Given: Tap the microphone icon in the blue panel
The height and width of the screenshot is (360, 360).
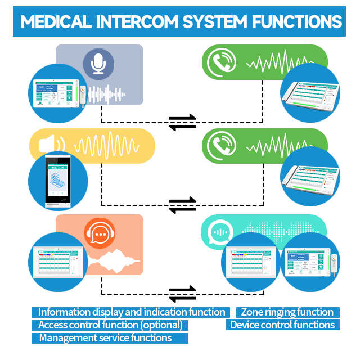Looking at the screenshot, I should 99,64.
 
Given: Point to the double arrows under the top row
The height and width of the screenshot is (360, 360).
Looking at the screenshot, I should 183,121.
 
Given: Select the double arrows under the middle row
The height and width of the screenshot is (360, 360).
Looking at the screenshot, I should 183,204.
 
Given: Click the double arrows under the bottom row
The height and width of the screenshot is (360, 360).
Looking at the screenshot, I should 183,293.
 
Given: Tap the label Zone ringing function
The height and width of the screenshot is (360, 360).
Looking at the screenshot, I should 287,312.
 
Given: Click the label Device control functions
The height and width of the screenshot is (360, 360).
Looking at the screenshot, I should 282,325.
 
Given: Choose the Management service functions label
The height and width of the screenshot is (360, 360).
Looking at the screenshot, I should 105,338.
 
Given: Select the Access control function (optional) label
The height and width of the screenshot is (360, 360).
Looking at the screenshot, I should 110,325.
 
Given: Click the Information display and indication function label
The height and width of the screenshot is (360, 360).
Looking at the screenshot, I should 132,312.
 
